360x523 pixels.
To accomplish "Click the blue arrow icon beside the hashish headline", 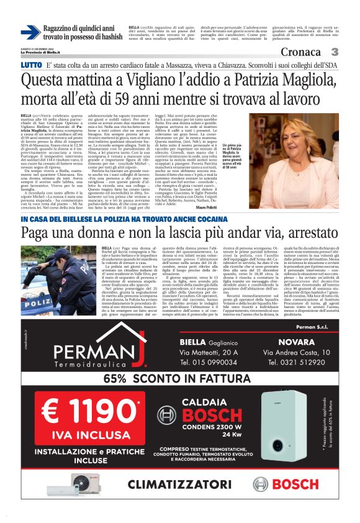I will pos(30,32).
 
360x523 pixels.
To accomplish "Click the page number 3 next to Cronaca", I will pos(335,52).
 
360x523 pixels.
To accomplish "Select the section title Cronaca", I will pos(304,52).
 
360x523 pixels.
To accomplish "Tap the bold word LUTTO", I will pos(32,65).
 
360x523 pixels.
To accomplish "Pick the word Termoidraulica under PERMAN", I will pos(93,365).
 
